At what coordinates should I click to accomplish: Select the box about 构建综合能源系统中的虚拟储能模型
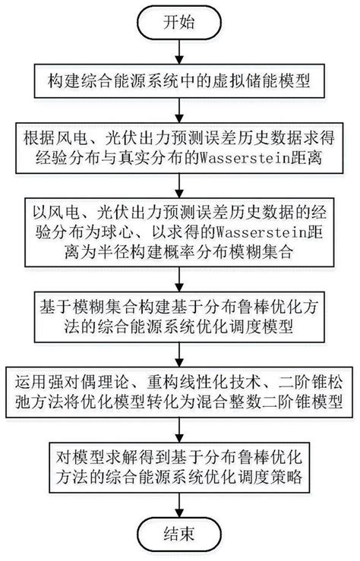(x=179, y=79)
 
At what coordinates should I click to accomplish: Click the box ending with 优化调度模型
(x=179, y=317)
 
